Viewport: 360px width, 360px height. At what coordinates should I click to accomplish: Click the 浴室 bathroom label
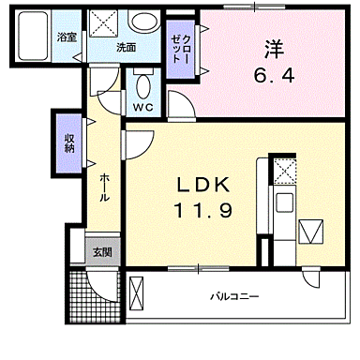[66, 37]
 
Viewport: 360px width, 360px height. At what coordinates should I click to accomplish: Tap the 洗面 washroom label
[127, 47]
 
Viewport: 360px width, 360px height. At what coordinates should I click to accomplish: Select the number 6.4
[273, 75]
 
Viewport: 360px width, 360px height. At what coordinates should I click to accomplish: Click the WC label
[142, 107]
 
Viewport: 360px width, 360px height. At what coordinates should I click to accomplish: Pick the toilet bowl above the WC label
[142, 86]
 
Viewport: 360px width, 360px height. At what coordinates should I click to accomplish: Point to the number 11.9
[201, 211]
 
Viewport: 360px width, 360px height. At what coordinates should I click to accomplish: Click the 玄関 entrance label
[103, 251]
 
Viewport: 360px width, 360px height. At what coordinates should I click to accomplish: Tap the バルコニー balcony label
[233, 297]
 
